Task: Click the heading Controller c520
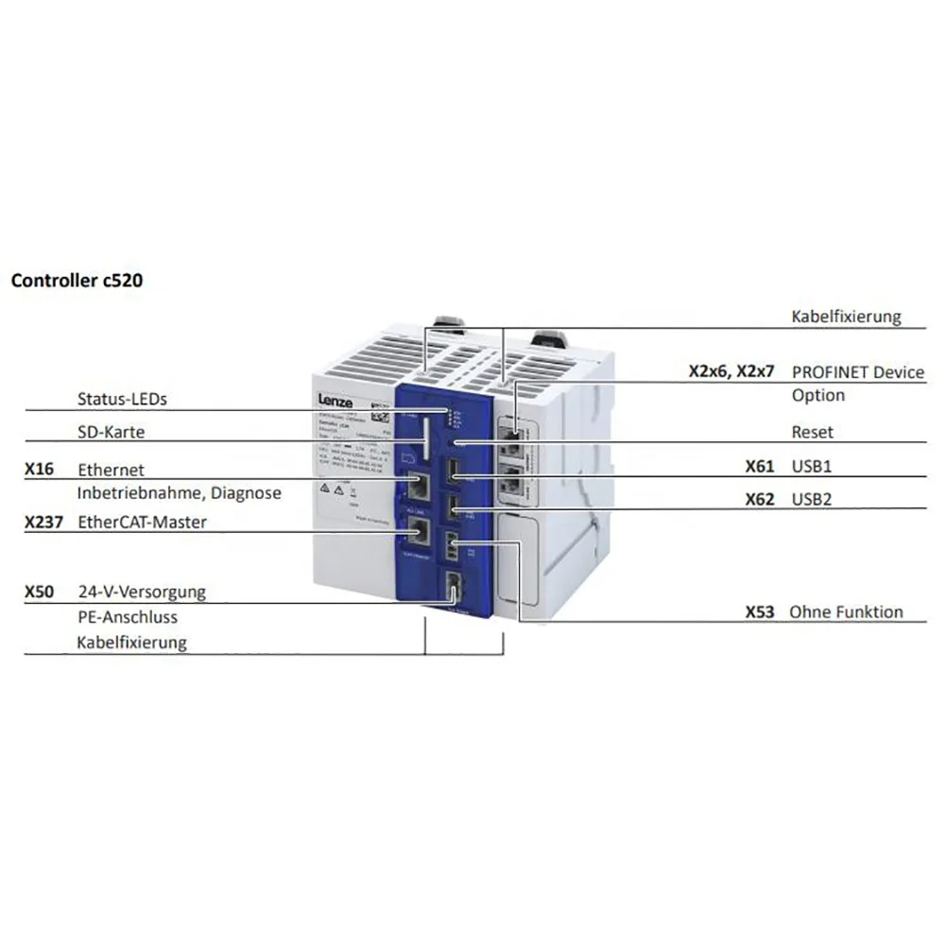pyautogui.click(x=77, y=281)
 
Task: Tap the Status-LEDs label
pyautogui.click(x=122, y=399)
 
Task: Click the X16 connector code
pyautogui.click(x=41, y=469)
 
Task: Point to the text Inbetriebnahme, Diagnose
pyautogui.click(x=180, y=492)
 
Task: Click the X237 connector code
pyautogui.click(x=45, y=522)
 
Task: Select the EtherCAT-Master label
pyautogui.click(x=143, y=522)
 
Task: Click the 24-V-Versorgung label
pyautogui.click(x=142, y=593)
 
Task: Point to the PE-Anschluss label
pyautogui.click(x=128, y=617)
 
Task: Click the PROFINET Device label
pyautogui.click(x=858, y=372)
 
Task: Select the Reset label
pyautogui.click(x=813, y=432)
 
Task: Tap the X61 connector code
pyautogui.click(x=760, y=466)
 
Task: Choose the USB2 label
pyautogui.click(x=813, y=499)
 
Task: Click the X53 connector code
pyautogui.click(x=760, y=612)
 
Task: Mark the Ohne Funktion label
pyautogui.click(x=848, y=612)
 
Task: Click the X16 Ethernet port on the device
pyautogui.click(x=418, y=487)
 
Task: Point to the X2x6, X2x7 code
pyautogui.click(x=731, y=372)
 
